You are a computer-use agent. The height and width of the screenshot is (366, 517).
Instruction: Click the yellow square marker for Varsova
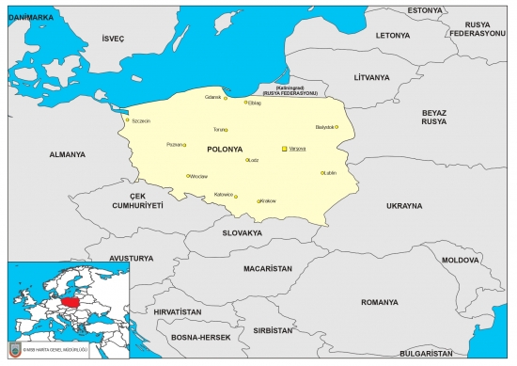point(285,149)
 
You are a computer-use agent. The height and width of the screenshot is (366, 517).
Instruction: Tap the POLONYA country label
point(224,149)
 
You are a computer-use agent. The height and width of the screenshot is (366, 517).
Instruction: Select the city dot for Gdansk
point(226,98)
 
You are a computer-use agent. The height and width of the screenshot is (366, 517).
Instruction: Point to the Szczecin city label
point(141,120)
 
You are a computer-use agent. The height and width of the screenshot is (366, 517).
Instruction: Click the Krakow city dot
point(258,201)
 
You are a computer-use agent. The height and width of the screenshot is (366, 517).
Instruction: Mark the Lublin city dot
point(321,173)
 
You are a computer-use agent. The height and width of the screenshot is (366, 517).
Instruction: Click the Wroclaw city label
point(198,176)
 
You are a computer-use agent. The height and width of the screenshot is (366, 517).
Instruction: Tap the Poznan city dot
point(184,145)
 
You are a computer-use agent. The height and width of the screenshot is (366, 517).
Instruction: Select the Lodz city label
point(254,160)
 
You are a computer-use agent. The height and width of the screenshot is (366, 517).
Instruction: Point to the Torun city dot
point(227,130)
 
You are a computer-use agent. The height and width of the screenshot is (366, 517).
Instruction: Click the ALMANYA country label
point(67,154)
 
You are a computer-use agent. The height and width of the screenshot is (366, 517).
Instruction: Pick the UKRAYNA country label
point(405,204)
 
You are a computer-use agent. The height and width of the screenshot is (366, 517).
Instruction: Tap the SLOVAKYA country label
point(242,232)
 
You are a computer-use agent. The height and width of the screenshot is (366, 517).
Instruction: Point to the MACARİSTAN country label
point(268,268)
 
